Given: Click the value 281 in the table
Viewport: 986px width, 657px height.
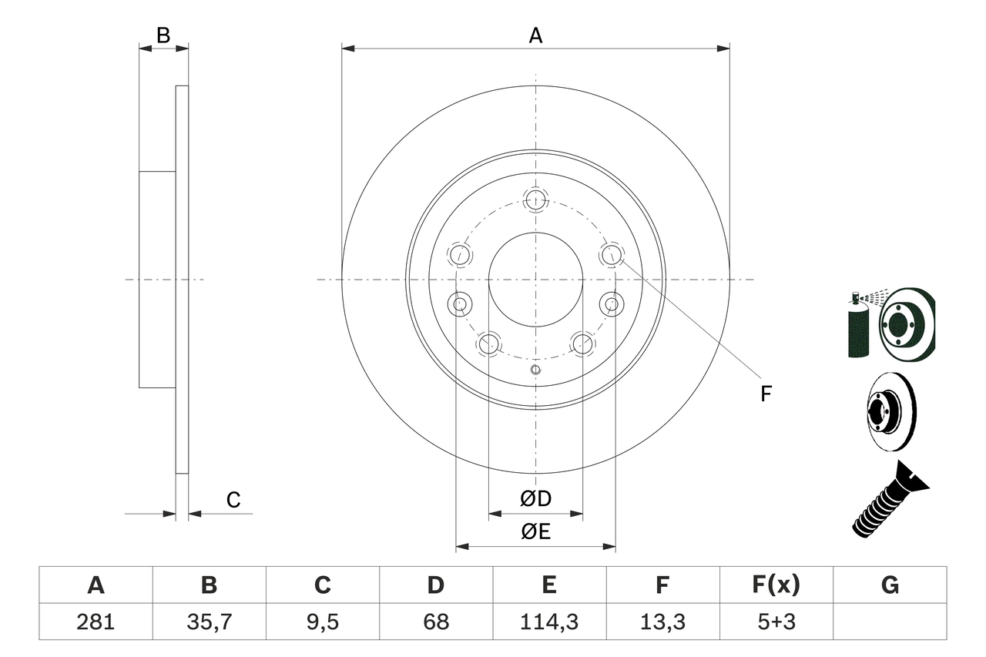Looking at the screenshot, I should pos(96,622).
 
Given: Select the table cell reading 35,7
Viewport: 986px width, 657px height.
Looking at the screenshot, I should pos(209,622).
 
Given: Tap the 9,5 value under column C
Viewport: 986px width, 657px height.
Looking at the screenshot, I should pos(322,622).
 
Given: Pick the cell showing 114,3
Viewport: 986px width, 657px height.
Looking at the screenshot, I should pos(548,622).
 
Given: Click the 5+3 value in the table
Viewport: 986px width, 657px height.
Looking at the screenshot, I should pos(776,622).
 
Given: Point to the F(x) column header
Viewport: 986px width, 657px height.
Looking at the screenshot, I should pos(776,585).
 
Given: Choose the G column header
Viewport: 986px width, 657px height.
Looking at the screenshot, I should pos(890,585).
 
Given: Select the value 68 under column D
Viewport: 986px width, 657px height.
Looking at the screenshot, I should pos(435,622).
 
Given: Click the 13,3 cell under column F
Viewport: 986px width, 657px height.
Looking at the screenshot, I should pos(662,622).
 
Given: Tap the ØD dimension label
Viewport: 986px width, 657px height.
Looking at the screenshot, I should pos(535,498).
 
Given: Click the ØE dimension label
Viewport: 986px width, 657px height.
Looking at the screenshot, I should pos(535,531).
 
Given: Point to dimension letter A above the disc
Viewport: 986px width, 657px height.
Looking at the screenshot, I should pos(535,35).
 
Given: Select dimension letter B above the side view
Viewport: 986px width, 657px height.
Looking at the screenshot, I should pos(163,35).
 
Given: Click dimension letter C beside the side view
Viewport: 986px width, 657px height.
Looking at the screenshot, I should pos(233,500).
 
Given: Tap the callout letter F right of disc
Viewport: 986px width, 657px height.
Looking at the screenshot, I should pos(766,394).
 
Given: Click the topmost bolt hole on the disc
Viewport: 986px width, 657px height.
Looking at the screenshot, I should pos(535,200).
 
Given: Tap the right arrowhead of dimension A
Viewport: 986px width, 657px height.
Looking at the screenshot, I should pos(723,49).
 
